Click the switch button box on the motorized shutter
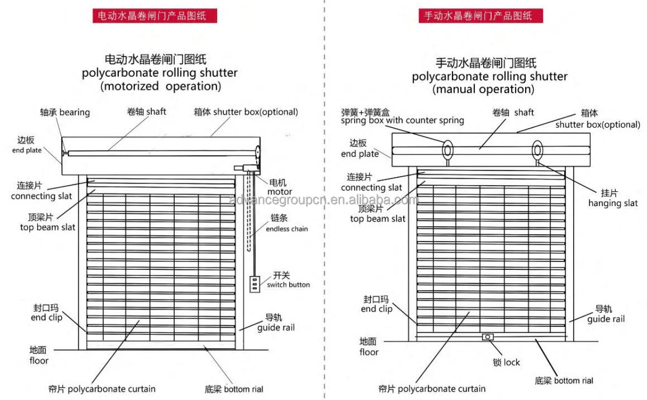[x=254, y=284]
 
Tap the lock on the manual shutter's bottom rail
[x=487, y=337]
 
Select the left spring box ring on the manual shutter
[x=448, y=150]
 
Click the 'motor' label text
[x=280, y=192]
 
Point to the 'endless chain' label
[x=287, y=228]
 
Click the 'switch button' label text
[x=288, y=284]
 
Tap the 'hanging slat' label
[x=613, y=203]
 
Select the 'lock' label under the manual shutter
[x=512, y=362]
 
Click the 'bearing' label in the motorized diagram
[x=74, y=112]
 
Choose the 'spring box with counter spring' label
[x=402, y=120]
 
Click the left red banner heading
[x=155, y=16]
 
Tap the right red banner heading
[x=481, y=16]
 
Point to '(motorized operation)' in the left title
[x=161, y=86]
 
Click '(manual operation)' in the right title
[x=483, y=89]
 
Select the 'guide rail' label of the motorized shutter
[x=276, y=328]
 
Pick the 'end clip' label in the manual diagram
[x=377, y=309]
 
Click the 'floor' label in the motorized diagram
[x=39, y=360]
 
